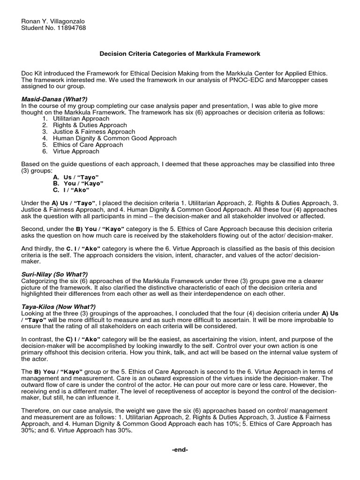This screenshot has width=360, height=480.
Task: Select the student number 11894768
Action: (70, 28)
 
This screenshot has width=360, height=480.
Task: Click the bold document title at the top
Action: (180, 54)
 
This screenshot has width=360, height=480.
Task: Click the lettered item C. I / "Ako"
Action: (74, 190)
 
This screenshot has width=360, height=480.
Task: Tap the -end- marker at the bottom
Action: (180, 450)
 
